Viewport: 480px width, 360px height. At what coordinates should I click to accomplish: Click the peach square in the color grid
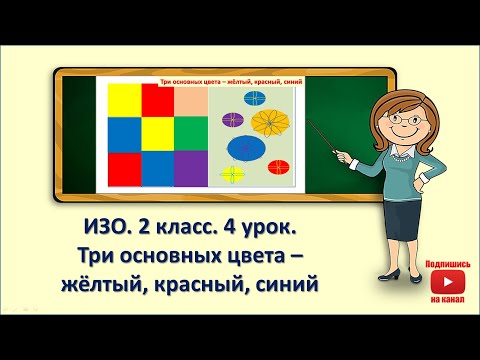click(x=190, y=101)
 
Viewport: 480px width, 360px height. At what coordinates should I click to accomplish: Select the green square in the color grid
click(x=190, y=134)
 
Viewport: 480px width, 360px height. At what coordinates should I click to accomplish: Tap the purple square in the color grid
click(x=190, y=168)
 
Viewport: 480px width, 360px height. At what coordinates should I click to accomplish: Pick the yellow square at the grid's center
click(x=157, y=134)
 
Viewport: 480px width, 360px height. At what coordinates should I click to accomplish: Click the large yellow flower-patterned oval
click(x=272, y=125)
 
